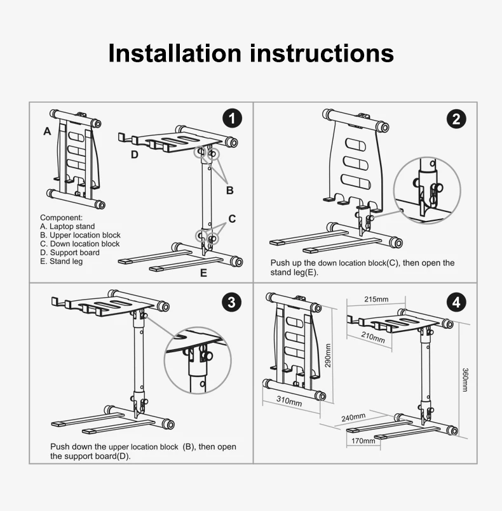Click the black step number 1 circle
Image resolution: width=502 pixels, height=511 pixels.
point(232,118)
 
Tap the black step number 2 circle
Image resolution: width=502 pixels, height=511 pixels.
point(456,119)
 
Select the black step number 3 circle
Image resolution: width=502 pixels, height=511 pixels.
point(231,302)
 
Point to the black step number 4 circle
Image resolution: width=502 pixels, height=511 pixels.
point(456,302)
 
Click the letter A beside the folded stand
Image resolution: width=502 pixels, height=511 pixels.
point(47,131)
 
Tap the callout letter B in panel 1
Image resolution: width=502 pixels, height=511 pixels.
point(230,190)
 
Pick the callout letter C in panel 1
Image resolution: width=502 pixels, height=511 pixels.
point(232,218)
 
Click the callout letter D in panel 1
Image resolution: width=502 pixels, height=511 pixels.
point(134,154)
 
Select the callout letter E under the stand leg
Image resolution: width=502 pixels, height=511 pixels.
point(203,273)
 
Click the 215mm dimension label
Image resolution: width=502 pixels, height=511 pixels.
point(376,299)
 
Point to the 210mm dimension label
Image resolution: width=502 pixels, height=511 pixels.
point(373,337)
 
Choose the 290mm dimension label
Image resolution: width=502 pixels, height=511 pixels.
point(328,355)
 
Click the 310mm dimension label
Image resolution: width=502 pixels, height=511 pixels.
point(289,401)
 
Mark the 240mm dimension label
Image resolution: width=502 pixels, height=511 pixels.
point(353,418)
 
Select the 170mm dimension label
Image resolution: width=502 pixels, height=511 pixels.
point(363,441)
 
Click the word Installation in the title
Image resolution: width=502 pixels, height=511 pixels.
point(175,53)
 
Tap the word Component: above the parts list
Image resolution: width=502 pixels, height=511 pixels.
point(62,218)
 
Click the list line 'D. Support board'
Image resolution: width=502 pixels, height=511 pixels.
point(70,253)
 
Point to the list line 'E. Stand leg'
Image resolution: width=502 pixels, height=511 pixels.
point(62,262)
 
